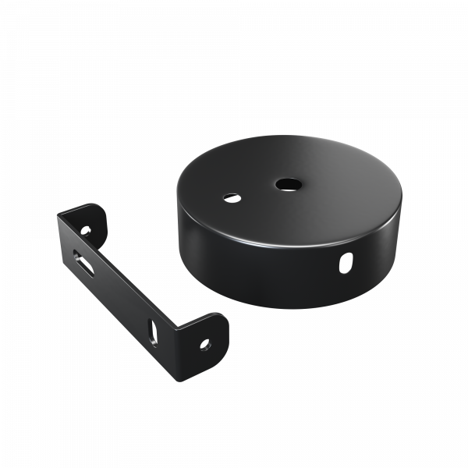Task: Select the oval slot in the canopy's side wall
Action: pyautogui.click(x=343, y=264)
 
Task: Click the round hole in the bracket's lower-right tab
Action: pyautogui.click(x=207, y=342)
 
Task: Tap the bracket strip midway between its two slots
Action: pyautogui.click(x=117, y=292)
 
